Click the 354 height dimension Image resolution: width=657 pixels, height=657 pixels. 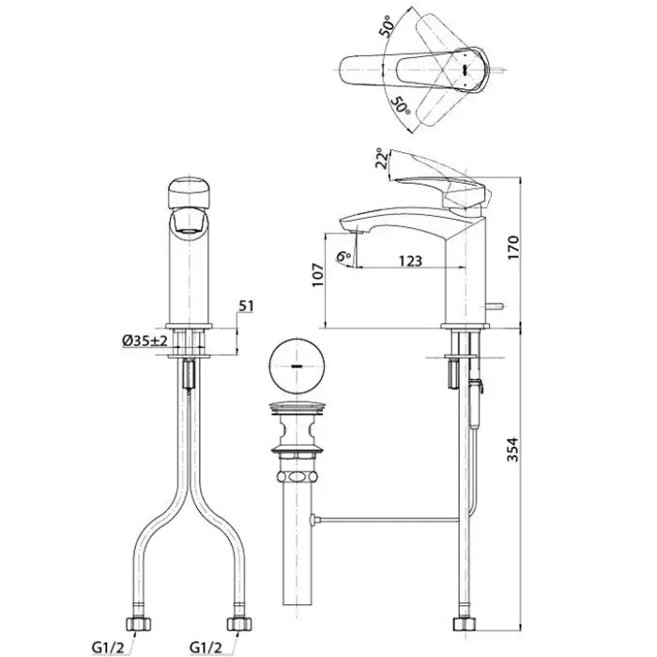pyautogui.click(x=512, y=450)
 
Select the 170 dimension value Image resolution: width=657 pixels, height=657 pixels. pyautogui.click(x=513, y=248)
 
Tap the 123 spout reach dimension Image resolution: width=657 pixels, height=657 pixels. pyautogui.click(x=410, y=261)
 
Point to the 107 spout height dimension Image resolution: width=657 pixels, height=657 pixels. pyautogui.click(x=318, y=274)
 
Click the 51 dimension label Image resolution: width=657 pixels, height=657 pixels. pyautogui.click(x=246, y=306)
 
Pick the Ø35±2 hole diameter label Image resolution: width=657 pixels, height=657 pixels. pyautogui.click(x=145, y=341)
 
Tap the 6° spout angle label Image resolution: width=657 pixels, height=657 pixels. pyautogui.click(x=344, y=255)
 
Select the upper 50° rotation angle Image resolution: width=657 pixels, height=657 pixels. pyautogui.click(x=387, y=26)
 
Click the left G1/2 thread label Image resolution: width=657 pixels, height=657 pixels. pyautogui.click(x=108, y=648)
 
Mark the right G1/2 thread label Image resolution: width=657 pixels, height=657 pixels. pyautogui.click(x=206, y=648)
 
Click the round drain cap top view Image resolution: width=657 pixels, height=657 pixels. pyautogui.click(x=297, y=365)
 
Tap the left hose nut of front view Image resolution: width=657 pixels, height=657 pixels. pyautogui.click(x=139, y=624)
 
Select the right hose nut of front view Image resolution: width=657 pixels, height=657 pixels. pyautogui.click(x=239, y=624)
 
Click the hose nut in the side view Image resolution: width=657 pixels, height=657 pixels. pyautogui.click(x=465, y=623)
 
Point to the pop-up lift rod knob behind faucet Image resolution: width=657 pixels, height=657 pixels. pyautogui.click(x=496, y=305)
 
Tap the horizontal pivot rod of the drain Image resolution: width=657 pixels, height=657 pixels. pyautogui.click(x=386, y=520)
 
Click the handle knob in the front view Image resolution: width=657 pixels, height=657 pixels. pyautogui.click(x=189, y=193)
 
